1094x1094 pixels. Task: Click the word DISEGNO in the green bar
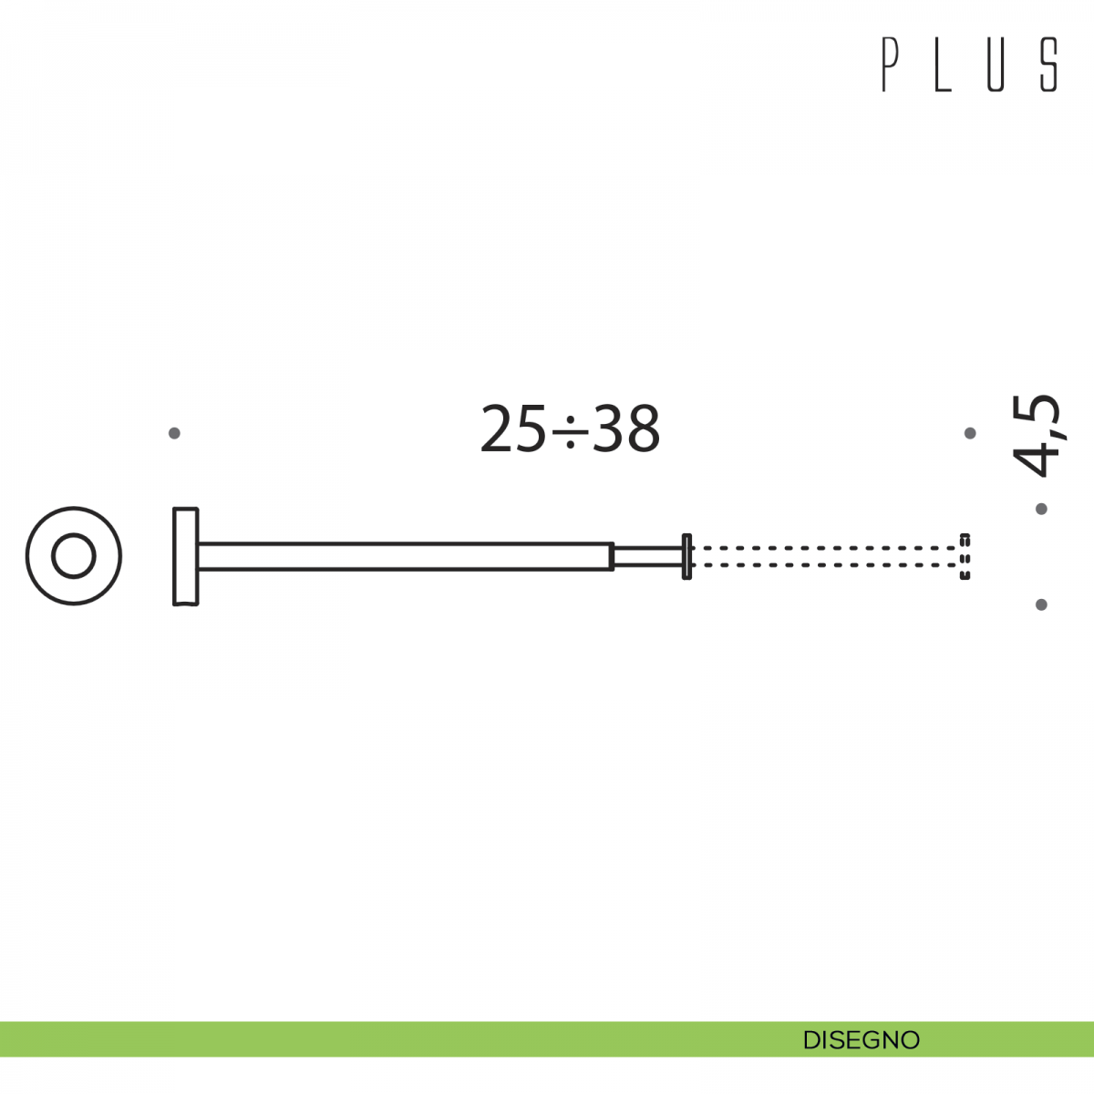(x=862, y=1040)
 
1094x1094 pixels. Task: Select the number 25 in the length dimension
(x=513, y=428)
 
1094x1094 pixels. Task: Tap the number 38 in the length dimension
(x=626, y=428)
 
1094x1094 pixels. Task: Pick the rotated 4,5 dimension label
(x=1036, y=436)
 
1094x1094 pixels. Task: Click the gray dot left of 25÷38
(x=174, y=433)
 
